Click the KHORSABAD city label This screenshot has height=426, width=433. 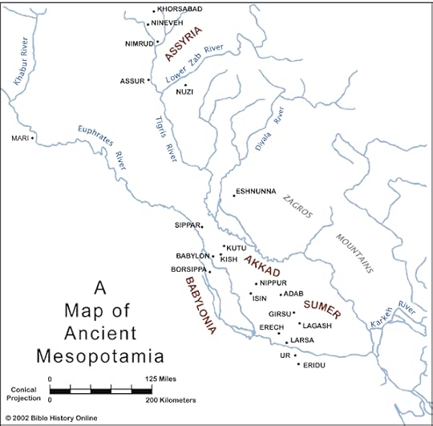click(180, 10)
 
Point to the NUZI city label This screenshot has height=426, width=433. click(185, 92)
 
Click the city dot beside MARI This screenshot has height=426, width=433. click(33, 138)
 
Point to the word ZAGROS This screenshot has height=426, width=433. click(297, 207)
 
